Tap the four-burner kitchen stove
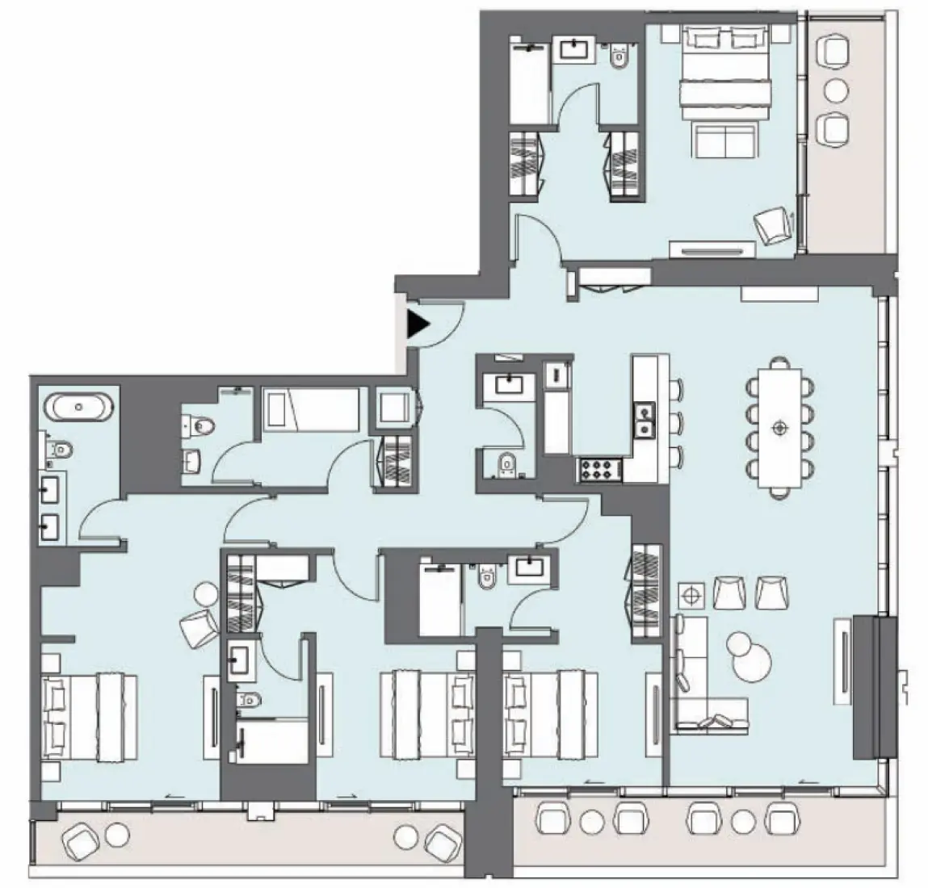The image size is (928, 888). (599, 470)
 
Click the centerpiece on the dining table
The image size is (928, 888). (779, 427)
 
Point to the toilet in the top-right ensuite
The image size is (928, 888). (619, 54)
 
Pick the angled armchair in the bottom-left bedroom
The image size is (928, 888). (199, 628)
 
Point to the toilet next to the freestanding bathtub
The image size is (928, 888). (61, 449)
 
